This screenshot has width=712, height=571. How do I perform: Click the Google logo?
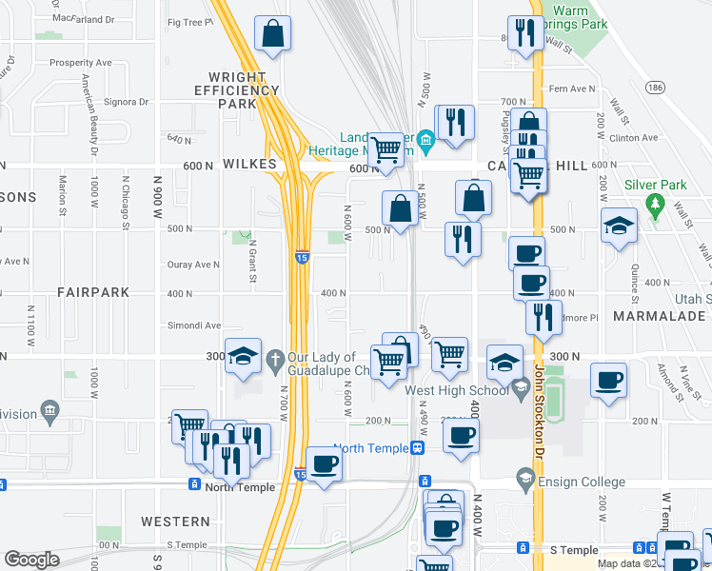31,560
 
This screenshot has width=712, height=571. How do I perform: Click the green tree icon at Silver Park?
653,203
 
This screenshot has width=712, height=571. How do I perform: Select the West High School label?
457,390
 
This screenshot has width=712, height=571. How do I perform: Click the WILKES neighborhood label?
249,165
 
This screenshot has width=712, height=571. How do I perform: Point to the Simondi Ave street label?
194,325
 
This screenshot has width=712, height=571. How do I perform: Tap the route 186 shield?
654,87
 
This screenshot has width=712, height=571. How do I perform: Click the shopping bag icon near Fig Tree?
273,33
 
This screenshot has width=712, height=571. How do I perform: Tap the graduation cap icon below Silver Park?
620,226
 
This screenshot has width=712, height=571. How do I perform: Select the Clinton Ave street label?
636,138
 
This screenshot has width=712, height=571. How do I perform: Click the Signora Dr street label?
126,102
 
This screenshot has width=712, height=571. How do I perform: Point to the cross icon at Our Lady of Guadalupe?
275,359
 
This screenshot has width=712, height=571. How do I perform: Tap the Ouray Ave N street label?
193,265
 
